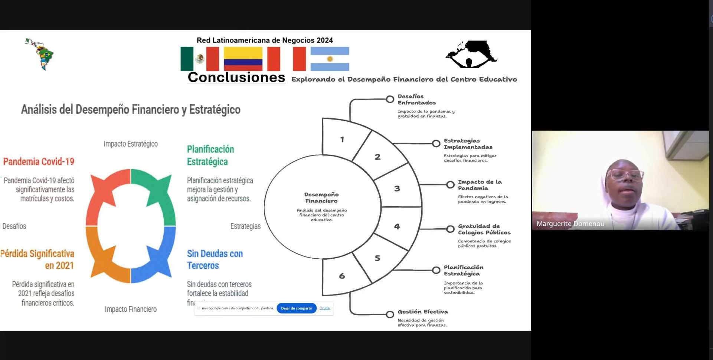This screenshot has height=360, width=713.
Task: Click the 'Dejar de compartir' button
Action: pos(296,308)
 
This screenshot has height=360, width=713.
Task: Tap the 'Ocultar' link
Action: pos(325,308)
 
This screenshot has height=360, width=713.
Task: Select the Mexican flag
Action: pos(199,59)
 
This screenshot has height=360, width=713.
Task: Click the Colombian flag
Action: pos(243,59)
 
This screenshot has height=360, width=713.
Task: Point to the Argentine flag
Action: pos(330,59)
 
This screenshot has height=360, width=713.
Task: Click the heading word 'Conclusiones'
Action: pos(236,77)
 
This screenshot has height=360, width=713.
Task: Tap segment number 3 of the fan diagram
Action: pos(397,188)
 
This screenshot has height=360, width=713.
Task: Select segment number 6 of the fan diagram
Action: pos(342,276)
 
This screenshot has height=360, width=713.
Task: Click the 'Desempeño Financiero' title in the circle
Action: pos(321,197)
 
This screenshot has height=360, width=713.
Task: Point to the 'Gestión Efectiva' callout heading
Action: pos(423,312)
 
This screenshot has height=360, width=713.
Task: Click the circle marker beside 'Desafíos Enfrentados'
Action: pos(390,99)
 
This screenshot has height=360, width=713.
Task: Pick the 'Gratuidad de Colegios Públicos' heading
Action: pos(484,229)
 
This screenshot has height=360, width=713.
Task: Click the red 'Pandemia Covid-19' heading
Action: pos(39,161)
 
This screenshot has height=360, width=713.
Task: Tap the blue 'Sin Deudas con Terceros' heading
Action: pos(215,259)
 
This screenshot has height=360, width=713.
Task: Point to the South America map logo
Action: pos(40,54)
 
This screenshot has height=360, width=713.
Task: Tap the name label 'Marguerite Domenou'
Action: pos(570,223)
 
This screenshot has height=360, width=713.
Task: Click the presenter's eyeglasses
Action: pos(625,174)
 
